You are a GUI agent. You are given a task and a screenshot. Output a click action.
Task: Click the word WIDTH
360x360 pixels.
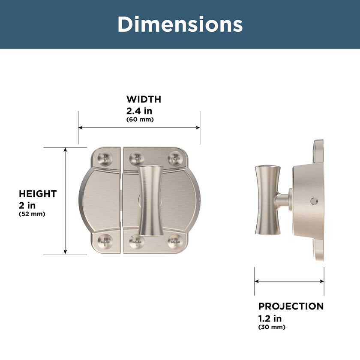click(x=144, y=99)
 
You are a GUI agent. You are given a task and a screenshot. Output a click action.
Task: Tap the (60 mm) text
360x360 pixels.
click(x=140, y=120)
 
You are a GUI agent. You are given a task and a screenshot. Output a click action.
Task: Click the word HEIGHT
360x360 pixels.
click(x=38, y=194)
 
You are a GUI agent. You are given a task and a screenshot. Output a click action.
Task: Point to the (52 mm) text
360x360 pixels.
click(x=32, y=213)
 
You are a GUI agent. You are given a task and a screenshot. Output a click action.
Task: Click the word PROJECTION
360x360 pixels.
click(x=291, y=306)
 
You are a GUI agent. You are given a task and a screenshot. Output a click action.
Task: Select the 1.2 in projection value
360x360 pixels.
click(x=270, y=318)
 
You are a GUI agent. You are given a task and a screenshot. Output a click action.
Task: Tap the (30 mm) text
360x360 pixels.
click(x=272, y=327)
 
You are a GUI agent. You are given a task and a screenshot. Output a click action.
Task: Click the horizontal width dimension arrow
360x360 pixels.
click(x=139, y=128)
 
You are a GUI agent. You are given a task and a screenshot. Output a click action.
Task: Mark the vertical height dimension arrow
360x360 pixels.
click(x=65, y=201)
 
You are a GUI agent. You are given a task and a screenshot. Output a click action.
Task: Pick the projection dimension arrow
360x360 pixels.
click(x=289, y=282)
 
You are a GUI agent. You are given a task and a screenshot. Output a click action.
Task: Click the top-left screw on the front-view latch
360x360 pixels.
click(x=104, y=159)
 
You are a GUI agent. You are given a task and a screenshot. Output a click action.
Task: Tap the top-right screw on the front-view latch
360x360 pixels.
click(x=175, y=159)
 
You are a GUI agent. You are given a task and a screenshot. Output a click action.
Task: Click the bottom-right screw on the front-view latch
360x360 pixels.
click(x=175, y=242)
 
